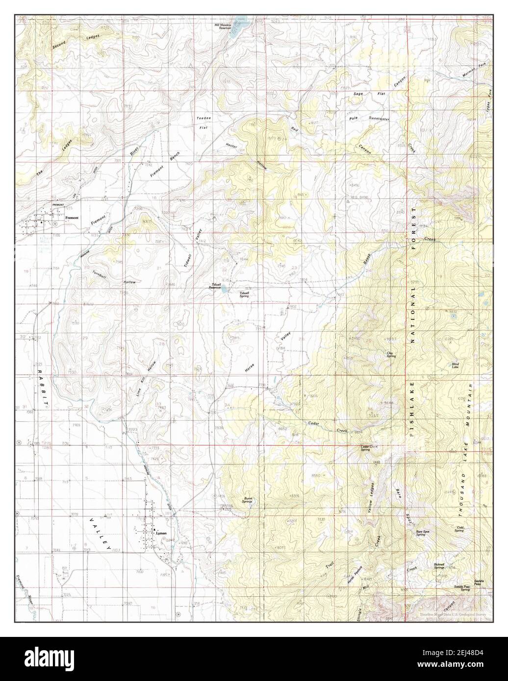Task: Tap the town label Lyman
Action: pos(161,533)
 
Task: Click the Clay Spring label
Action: pos(391,354)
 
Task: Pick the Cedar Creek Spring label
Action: pos(369,448)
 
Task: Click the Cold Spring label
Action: pos(458,529)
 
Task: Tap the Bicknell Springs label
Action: pos(439,566)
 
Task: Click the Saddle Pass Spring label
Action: pos(462,588)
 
